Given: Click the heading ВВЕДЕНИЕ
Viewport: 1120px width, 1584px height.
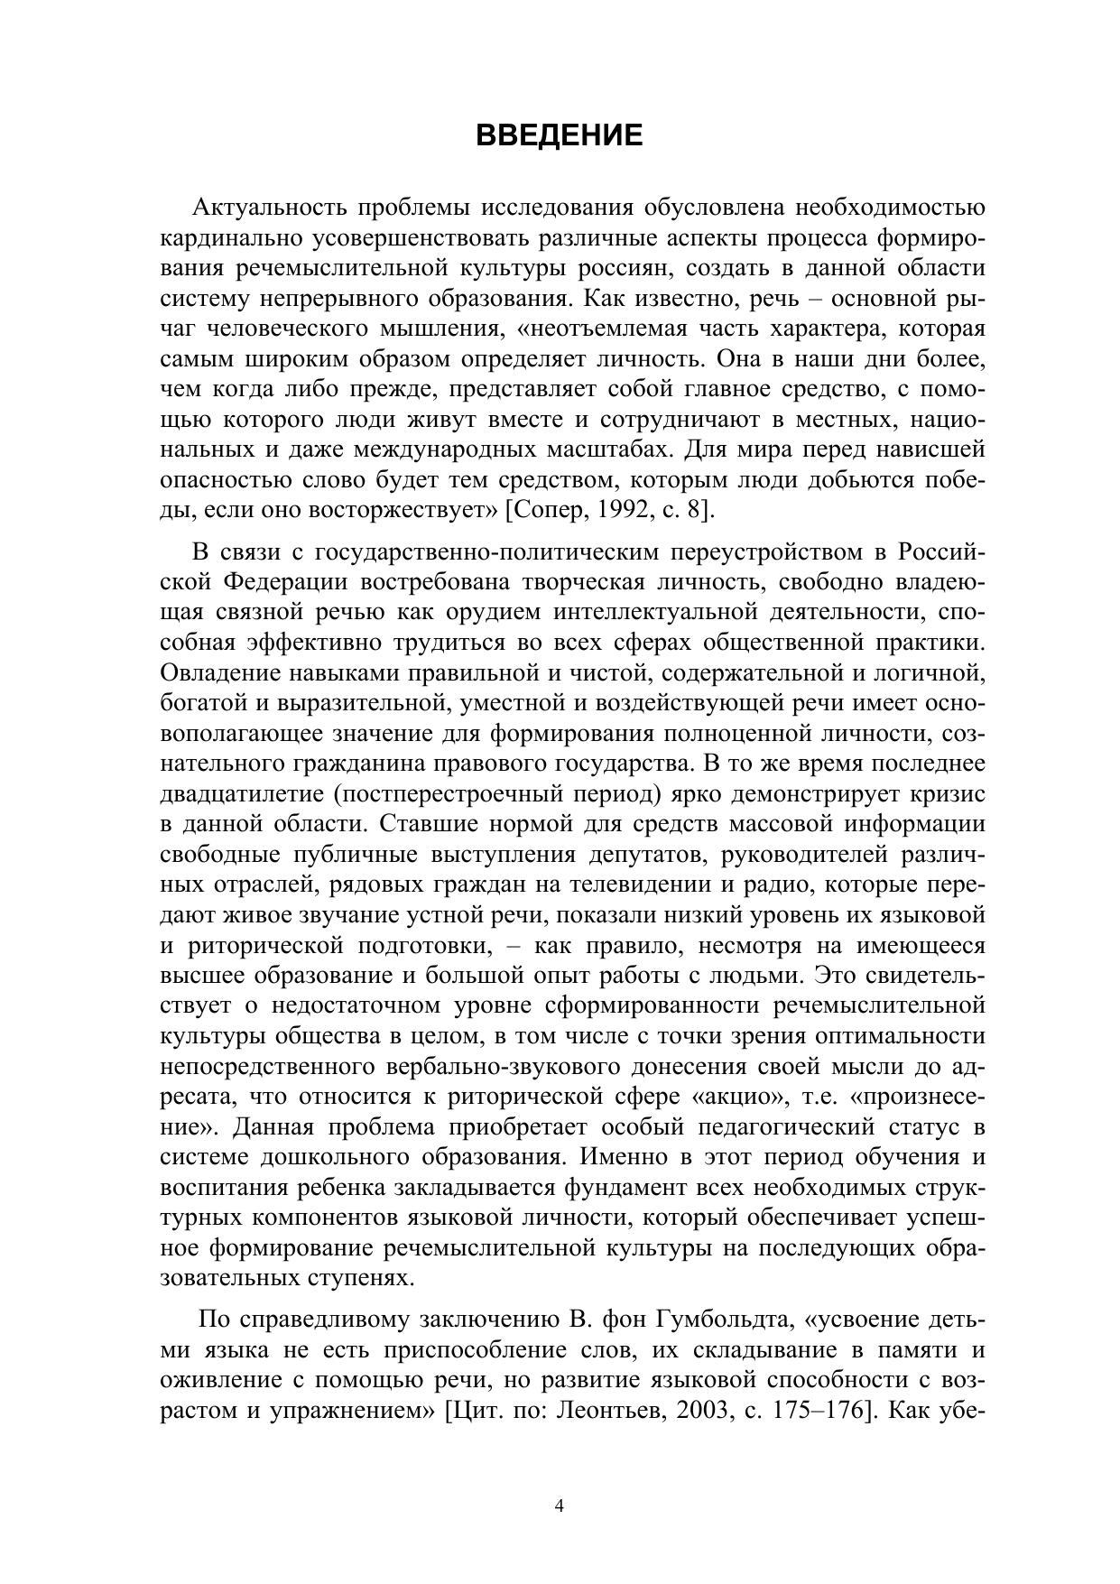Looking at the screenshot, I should coord(559,135).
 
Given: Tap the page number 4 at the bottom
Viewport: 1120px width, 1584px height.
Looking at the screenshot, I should coord(560,1505).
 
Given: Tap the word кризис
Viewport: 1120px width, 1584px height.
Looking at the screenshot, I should coord(952,794).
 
